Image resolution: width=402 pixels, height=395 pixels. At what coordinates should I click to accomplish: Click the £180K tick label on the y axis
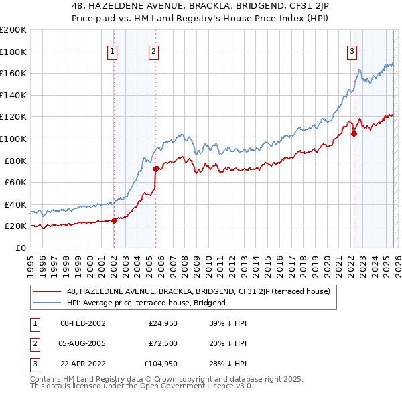click(x=13, y=51)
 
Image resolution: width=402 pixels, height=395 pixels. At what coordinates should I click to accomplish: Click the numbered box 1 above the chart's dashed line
click(x=113, y=50)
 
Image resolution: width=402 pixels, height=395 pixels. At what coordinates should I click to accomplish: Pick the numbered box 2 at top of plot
click(x=154, y=50)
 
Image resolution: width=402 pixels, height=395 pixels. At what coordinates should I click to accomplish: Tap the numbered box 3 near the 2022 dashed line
click(x=352, y=50)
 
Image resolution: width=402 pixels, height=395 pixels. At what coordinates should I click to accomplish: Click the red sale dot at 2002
click(x=114, y=220)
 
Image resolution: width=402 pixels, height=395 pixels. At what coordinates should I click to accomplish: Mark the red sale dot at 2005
click(x=155, y=168)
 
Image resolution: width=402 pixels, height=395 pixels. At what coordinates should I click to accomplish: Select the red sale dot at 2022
click(x=354, y=133)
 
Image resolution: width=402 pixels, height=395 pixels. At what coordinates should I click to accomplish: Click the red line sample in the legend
click(x=48, y=291)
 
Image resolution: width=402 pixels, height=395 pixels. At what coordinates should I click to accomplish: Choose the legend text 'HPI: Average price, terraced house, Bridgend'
click(x=146, y=303)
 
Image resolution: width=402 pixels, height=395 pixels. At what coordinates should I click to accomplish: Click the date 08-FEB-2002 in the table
click(x=82, y=323)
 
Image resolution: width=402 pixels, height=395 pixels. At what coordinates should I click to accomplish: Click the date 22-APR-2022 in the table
click(x=82, y=364)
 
